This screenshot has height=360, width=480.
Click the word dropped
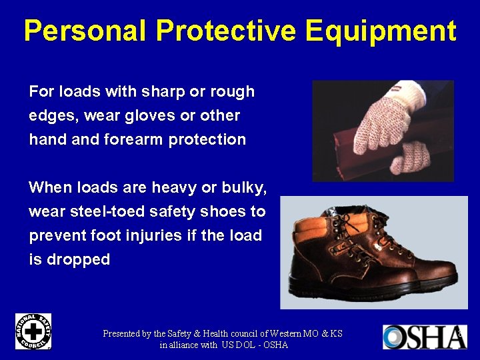78,259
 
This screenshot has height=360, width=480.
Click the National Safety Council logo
33,331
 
